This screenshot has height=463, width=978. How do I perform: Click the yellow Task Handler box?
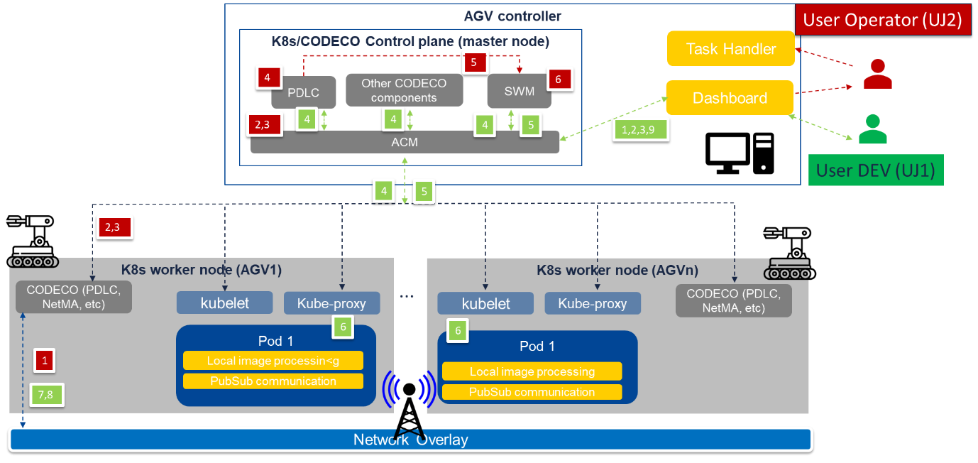click(730, 49)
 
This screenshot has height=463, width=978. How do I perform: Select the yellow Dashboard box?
click(729, 98)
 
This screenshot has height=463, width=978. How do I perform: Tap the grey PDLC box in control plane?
click(303, 92)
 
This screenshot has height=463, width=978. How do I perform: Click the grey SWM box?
click(519, 92)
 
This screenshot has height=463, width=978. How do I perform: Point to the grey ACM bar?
click(405, 142)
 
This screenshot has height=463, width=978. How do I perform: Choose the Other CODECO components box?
click(404, 90)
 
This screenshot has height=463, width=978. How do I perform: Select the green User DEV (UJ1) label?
click(875, 170)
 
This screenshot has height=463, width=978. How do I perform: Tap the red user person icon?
click(878, 74)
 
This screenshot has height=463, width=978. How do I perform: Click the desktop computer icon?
click(739, 153)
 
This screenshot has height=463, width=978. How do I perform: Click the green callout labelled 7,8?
click(46, 395)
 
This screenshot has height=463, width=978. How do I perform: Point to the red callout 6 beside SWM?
click(559, 80)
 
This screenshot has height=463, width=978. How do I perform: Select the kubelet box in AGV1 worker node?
click(224, 303)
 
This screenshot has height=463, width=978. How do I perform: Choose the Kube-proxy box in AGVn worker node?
click(593, 303)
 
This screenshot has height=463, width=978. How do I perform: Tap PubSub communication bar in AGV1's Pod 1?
click(273, 381)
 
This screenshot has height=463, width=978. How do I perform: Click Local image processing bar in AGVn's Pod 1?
click(532, 371)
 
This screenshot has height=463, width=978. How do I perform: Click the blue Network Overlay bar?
click(410, 440)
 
